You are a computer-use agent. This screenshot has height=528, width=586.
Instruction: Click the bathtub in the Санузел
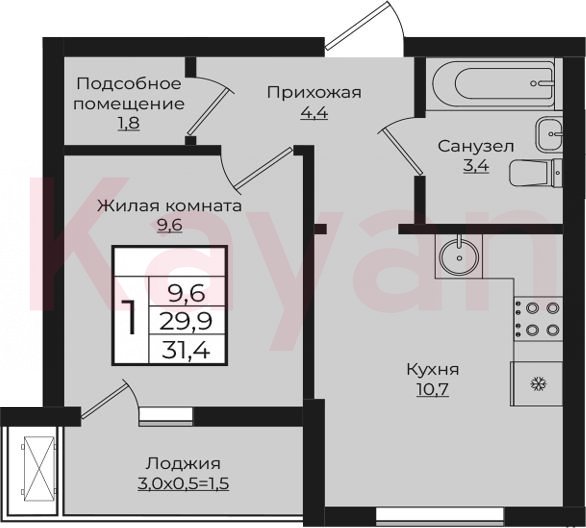[x=494, y=84]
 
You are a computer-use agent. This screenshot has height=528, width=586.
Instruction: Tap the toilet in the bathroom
[x=535, y=173]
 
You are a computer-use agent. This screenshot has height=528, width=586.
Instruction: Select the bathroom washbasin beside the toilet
[x=549, y=133]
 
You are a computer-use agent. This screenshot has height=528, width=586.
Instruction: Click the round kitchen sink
[x=459, y=257]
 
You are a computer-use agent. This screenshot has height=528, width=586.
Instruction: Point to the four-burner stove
[x=538, y=319]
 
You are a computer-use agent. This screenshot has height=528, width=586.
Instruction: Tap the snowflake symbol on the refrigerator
[x=539, y=384]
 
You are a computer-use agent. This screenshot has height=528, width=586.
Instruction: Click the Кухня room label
[x=432, y=370]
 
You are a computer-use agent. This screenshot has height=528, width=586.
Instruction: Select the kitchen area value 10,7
[x=432, y=390]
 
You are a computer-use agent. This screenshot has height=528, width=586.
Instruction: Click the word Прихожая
[x=314, y=92]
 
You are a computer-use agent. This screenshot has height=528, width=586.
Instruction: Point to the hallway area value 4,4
[x=314, y=112]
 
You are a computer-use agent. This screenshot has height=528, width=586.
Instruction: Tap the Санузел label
[x=476, y=146]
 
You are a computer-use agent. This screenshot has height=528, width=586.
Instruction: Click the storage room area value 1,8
[x=129, y=123]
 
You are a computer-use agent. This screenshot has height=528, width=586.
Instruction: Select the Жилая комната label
[x=169, y=206]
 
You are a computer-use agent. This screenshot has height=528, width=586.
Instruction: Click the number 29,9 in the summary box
[x=186, y=321]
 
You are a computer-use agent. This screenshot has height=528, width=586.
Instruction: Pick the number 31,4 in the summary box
[x=186, y=350]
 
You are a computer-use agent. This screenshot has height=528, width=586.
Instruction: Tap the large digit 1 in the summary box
[x=131, y=317]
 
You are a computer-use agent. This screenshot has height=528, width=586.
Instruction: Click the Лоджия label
[x=183, y=464]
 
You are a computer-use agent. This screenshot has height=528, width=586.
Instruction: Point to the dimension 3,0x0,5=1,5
[x=183, y=484]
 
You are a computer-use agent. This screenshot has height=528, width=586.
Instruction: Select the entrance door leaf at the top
[x=357, y=25]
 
